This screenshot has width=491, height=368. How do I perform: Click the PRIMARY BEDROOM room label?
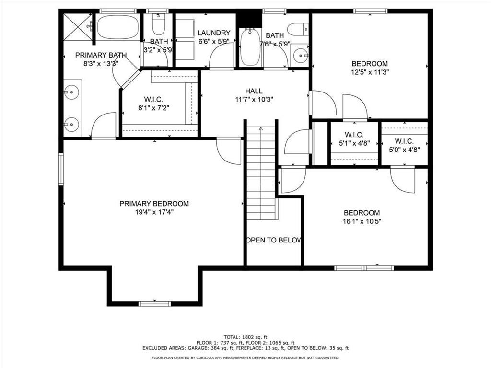pos(154,204)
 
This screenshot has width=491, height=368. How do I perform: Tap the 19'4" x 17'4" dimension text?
pos(154,212)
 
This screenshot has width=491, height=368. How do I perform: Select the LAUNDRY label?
pos(214,33)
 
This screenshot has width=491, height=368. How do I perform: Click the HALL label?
pos(254,91)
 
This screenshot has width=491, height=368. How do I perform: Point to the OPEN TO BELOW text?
pos(273,241)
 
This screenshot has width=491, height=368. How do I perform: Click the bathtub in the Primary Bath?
pos(118,27)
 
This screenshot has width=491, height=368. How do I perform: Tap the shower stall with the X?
pos(78,27)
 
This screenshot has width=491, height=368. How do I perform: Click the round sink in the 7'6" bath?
pos(300,56)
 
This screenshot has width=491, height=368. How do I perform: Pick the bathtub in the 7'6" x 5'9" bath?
pos(250,47)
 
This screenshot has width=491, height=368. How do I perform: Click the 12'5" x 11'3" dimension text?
pos(370,72)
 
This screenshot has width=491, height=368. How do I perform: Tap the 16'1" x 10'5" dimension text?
pos(362,221)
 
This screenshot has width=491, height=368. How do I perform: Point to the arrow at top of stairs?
pos(261,128)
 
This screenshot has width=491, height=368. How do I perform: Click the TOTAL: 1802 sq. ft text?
pos(245,337)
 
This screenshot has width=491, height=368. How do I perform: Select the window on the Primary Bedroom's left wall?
pos(61,169)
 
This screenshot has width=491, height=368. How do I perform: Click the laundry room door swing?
pos(222,55)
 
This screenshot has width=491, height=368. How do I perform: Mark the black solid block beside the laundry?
pos(249,19)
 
